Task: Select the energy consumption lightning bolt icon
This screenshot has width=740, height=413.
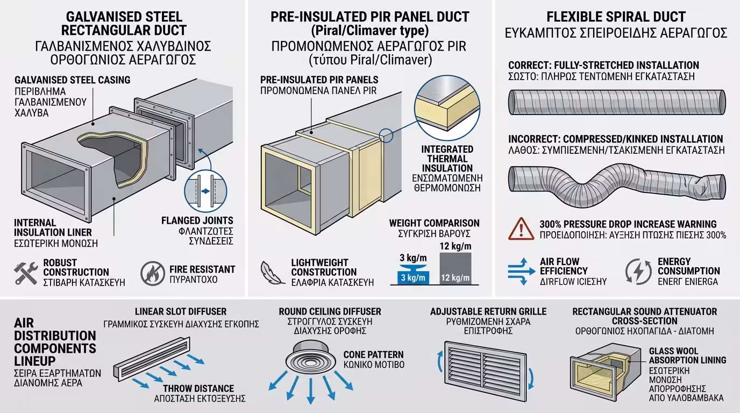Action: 638,272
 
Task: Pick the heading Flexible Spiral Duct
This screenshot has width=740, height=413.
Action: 616,17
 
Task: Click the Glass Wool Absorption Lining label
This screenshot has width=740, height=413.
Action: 687,355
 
